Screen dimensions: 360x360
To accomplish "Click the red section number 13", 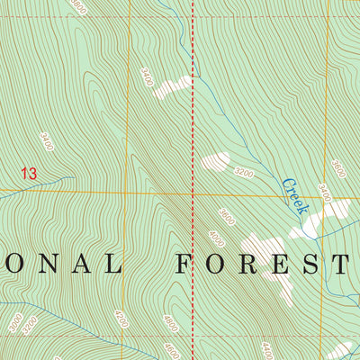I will pos(30,173).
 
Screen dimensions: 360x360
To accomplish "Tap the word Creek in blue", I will pos(294,195).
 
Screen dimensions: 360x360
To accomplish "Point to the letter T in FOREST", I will pos(340,264).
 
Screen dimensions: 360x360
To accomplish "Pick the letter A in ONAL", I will pos(86,264).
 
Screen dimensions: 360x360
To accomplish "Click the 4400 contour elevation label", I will pos(266,349).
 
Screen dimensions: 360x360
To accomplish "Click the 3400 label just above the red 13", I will pos(47,141).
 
